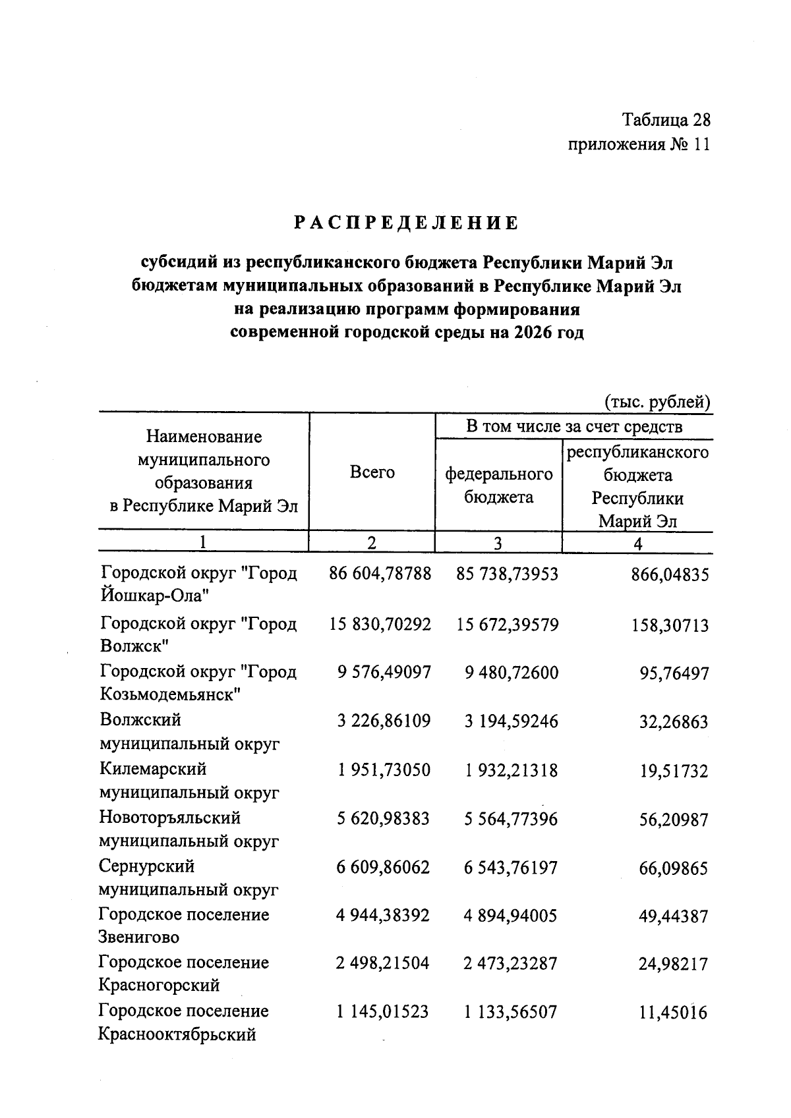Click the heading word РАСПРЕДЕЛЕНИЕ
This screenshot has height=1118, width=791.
[406, 223]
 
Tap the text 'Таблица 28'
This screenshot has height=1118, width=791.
[666, 120]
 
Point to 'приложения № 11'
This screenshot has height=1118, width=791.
[639, 144]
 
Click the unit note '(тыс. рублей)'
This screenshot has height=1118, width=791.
[657, 401]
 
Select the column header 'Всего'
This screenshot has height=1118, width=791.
[372, 472]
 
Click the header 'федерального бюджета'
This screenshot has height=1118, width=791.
[498, 486]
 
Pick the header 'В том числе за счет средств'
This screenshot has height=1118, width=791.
[573, 426]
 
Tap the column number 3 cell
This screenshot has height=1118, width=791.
[498, 543]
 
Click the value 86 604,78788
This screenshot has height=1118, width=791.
[380, 574]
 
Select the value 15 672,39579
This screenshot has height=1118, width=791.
[507, 624]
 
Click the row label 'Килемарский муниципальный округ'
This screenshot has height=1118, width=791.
[189, 781]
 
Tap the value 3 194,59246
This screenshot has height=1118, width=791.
[510, 721]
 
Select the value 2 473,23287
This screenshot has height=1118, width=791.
[510, 964]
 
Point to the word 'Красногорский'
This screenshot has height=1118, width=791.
[159, 985]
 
